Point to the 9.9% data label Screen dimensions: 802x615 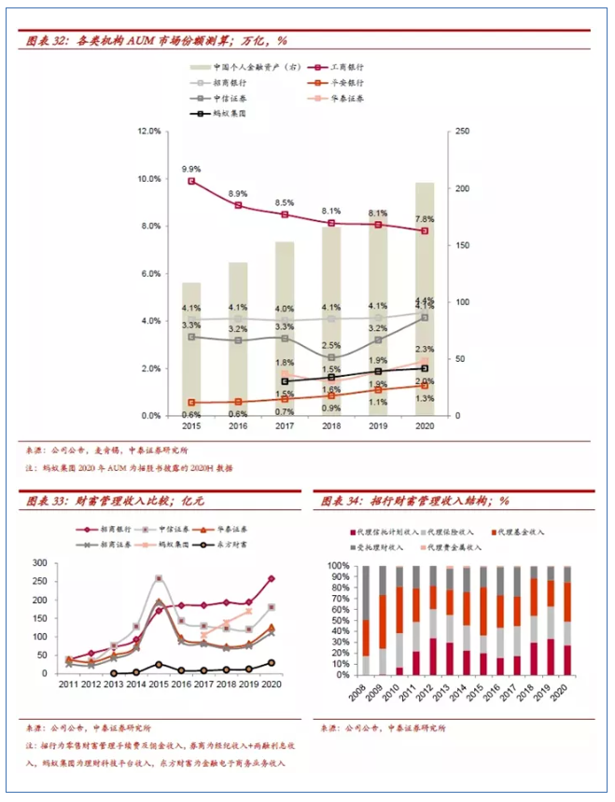click(x=191, y=169)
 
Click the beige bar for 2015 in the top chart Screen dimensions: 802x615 click(x=191, y=349)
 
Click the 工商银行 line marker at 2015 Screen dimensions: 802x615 click(x=191, y=181)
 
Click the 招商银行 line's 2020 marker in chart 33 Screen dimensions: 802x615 click(x=271, y=579)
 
